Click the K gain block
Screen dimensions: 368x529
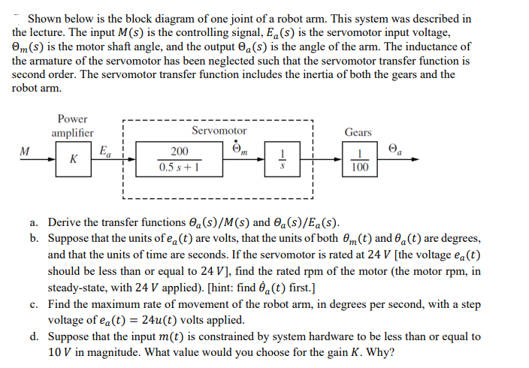coord(73,160)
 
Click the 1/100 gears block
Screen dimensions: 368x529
coord(359,160)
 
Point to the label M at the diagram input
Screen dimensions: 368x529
coord(25,150)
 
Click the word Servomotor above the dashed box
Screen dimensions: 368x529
coord(219,131)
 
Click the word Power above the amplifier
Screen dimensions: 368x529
coord(72,119)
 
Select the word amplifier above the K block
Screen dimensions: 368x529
coord(72,133)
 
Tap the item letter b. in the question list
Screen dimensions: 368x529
coord(35,238)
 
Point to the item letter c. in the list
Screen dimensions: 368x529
coord(35,306)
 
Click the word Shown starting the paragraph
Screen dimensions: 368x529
coord(45,18)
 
